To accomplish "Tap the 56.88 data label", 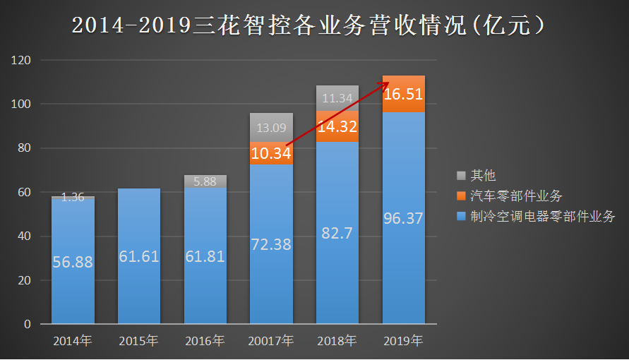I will point(73,262).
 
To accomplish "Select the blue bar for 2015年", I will point(139,268).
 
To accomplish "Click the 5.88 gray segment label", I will point(205,181).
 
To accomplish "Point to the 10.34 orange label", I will point(271,153).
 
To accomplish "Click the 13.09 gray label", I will point(271,128).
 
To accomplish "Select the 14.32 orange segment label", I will point(337,127).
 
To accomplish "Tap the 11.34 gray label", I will point(337,98).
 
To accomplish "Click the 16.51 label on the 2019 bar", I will point(403,94).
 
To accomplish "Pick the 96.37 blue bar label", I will point(403,218).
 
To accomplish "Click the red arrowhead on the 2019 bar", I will point(385,84).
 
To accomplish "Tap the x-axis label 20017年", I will point(271,342).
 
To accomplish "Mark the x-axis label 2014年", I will point(73,342).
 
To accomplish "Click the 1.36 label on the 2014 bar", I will point(73,198).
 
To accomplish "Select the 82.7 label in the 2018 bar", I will point(337,234).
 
